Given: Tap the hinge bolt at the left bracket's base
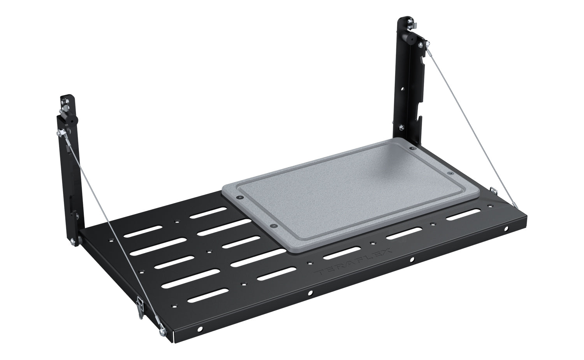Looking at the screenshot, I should [x=74, y=242].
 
